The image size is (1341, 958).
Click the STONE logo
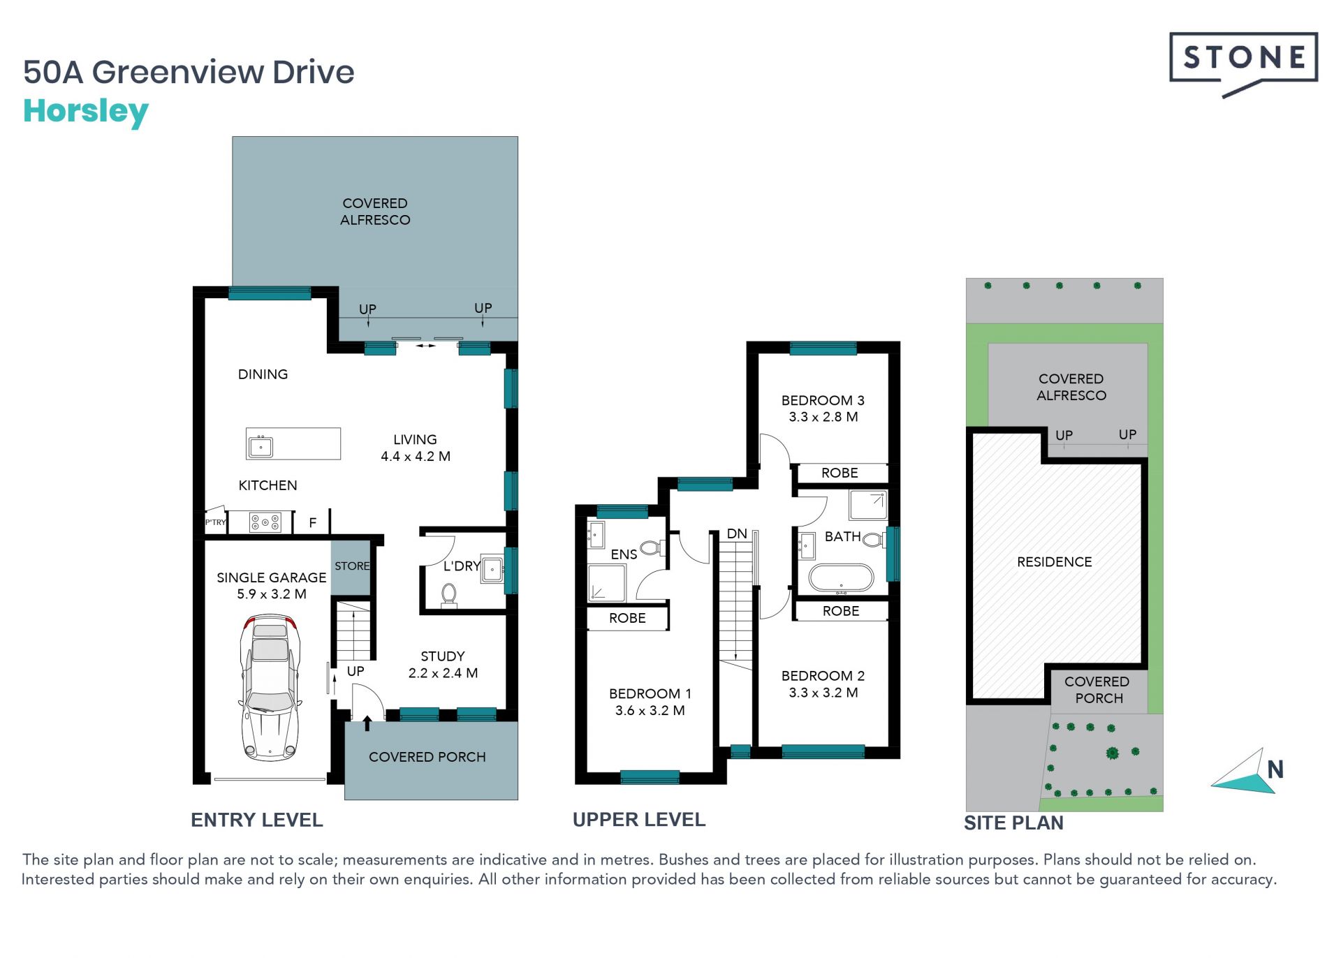1243,63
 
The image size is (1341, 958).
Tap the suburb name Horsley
86,111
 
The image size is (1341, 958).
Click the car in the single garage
270,687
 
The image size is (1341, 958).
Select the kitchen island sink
261,445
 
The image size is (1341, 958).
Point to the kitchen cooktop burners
265,522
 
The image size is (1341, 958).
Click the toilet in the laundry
449,596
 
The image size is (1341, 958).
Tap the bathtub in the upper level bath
841,578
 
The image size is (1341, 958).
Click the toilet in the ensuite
651,548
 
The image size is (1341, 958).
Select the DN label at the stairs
737,534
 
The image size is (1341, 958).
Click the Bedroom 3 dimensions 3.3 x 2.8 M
823,417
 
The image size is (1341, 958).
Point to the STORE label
352,566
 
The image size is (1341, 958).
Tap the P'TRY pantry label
215,522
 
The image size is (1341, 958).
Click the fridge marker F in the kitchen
313,522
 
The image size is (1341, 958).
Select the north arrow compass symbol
1247,771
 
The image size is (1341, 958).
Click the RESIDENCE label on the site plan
1055,562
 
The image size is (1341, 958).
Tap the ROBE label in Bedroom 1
627,618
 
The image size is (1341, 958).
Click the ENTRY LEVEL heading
257,820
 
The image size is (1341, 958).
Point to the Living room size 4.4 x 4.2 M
416,457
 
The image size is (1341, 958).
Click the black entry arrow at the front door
367,723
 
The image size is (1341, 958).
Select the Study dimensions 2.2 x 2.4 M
443,673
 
